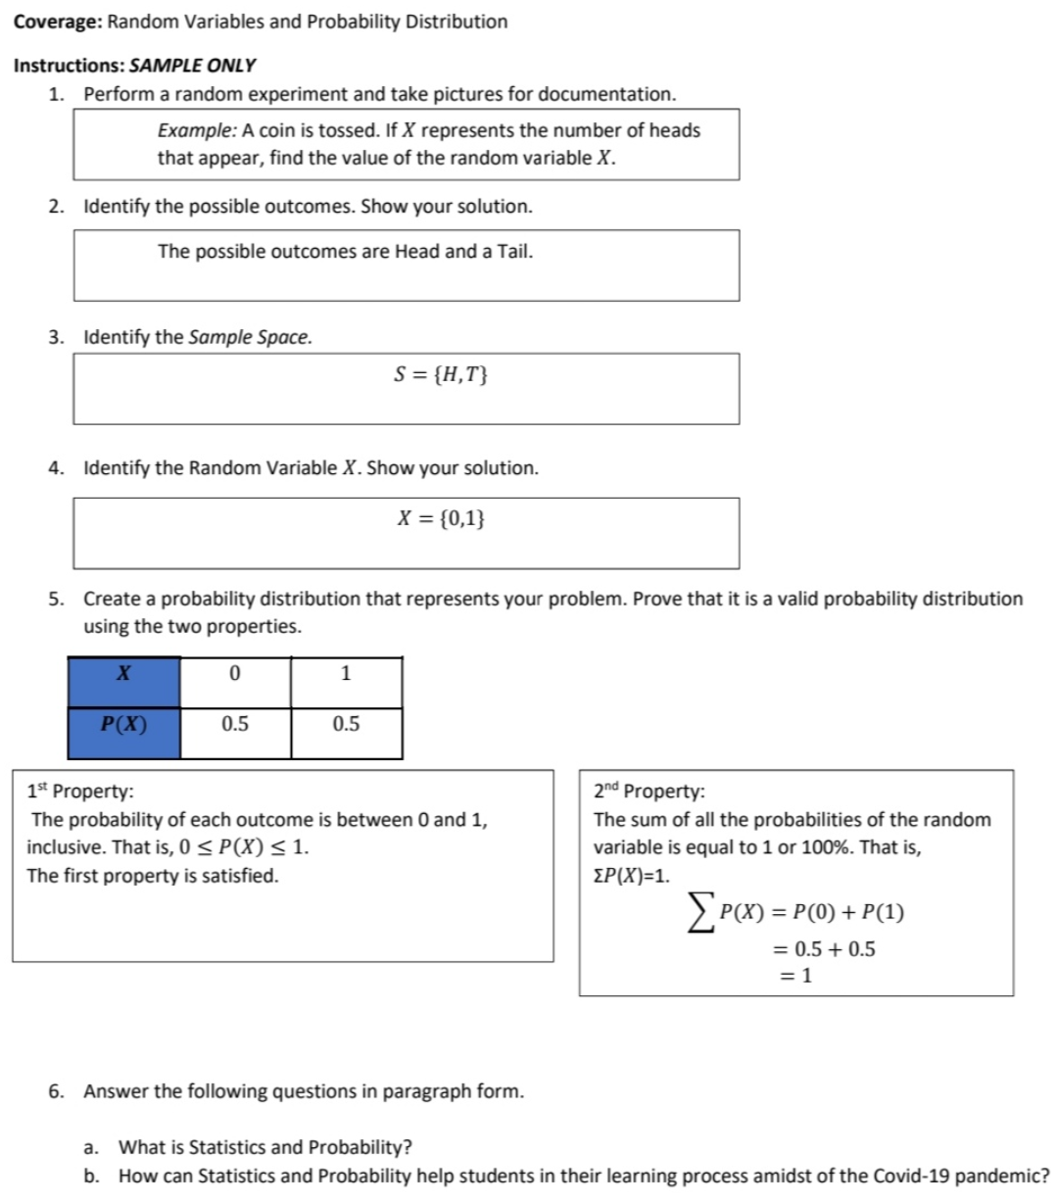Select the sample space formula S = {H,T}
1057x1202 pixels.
pyautogui.click(x=441, y=374)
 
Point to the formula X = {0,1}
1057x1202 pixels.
pyautogui.click(x=441, y=518)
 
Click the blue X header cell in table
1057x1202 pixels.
pyautogui.click(x=124, y=673)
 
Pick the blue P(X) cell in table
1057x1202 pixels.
pyautogui.click(x=124, y=724)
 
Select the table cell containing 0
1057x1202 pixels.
pyautogui.click(x=234, y=673)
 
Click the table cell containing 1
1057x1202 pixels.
pyautogui.click(x=346, y=673)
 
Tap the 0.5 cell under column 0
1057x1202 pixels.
pyautogui.click(x=235, y=724)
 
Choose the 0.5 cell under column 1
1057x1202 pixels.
pyautogui.click(x=346, y=724)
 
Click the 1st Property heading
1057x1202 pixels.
pyautogui.click(x=81, y=791)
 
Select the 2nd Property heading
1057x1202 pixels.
pyautogui.click(x=649, y=791)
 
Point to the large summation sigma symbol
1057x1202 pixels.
pyautogui.click(x=698, y=914)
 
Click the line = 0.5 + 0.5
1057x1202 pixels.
pyautogui.click(x=824, y=948)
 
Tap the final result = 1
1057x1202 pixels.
pyautogui.click(x=795, y=975)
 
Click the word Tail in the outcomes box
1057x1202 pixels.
pyautogui.click(x=513, y=252)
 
